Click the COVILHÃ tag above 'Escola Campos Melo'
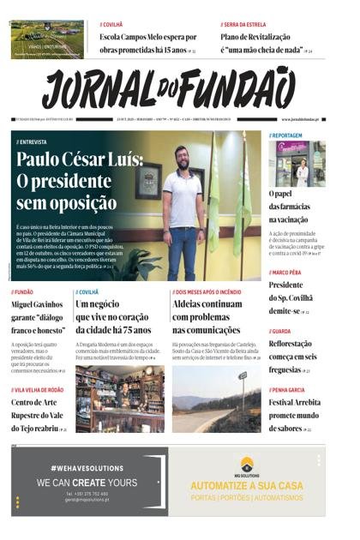(114, 24)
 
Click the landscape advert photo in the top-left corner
(47, 39)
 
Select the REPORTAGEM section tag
(287, 135)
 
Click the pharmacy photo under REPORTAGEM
(300, 164)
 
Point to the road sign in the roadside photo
(243, 377)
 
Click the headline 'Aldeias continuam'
(207, 304)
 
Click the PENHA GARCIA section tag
(290, 389)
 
